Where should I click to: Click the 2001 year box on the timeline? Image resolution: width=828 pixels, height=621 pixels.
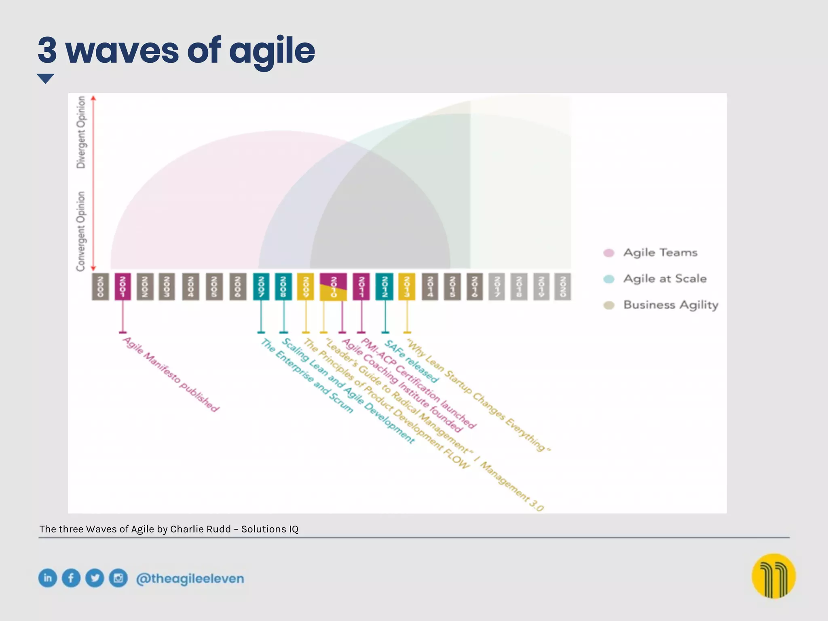click(x=123, y=286)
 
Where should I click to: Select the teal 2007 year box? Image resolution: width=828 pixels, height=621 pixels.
click(x=261, y=286)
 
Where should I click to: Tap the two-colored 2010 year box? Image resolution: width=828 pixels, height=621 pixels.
click(x=333, y=287)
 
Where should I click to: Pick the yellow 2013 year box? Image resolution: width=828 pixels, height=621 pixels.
click(x=407, y=286)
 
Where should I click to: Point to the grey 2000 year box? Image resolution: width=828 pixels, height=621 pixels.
click(x=100, y=286)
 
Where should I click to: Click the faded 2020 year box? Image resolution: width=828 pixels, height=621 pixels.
click(x=562, y=286)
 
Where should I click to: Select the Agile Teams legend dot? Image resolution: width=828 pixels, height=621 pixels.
click(x=609, y=253)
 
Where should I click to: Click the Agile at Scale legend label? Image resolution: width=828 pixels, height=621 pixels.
click(x=665, y=279)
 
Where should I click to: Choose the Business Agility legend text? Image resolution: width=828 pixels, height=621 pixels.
click(x=671, y=305)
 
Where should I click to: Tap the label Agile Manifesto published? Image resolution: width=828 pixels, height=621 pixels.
click(x=171, y=374)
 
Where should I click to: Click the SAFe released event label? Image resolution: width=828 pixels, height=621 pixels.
click(x=411, y=361)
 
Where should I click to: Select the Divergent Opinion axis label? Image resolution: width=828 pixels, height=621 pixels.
click(x=81, y=132)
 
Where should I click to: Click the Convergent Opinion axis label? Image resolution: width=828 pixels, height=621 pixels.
click(x=81, y=231)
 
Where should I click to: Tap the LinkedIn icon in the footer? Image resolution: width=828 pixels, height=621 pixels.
click(x=48, y=578)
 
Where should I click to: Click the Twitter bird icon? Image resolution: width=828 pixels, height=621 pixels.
click(x=95, y=578)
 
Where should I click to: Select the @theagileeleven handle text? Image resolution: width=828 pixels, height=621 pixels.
click(x=190, y=579)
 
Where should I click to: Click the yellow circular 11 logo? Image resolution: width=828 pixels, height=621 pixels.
click(x=773, y=576)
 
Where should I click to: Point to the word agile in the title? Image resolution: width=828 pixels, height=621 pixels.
click(x=272, y=51)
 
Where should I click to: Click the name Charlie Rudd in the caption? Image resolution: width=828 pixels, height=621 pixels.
click(x=200, y=529)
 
